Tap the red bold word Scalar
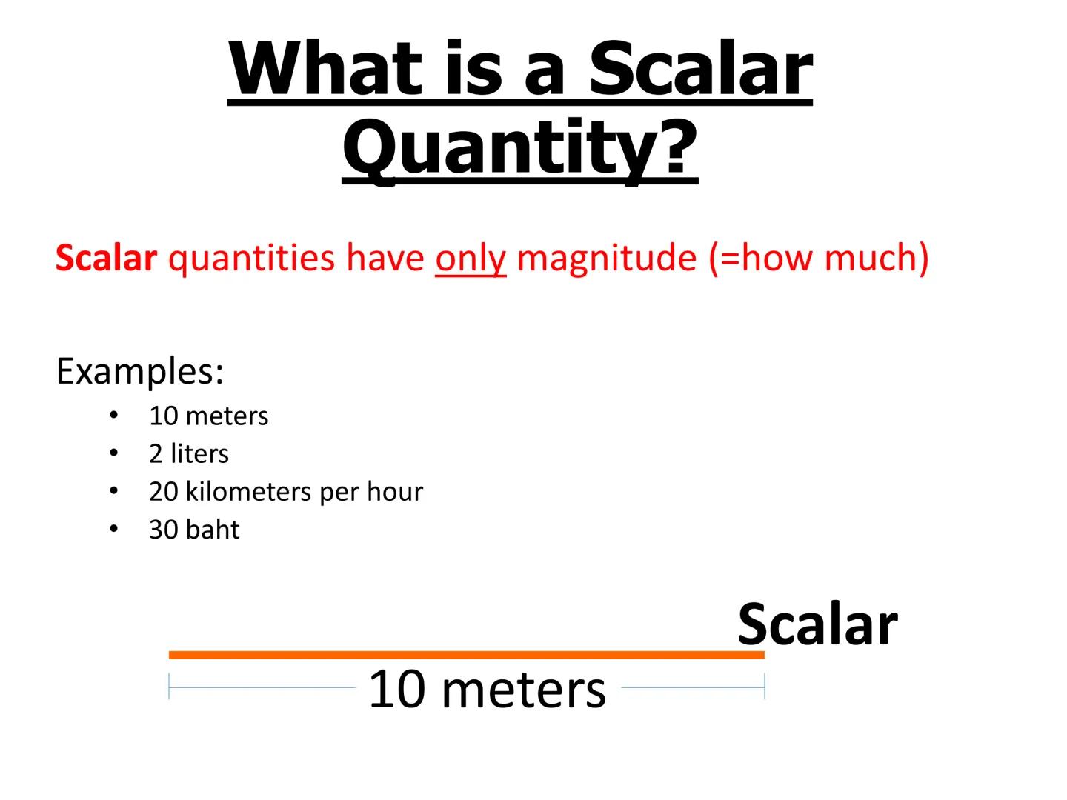click(x=106, y=259)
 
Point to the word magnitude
click(x=607, y=259)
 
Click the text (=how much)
click(x=818, y=259)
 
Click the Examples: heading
click(x=139, y=371)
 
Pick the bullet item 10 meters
click(x=208, y=416)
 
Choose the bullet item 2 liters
click(x=188, y=454)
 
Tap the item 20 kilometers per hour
click(x=285, y=492)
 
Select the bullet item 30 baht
click(x=194, y=530)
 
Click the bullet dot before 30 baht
click(x=113, y=530)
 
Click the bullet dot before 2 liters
click(x=113, y=453)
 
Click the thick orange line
click(x=467, y=655)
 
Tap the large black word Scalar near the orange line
click(x=817, y=625)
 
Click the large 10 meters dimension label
click(x=487, y=690)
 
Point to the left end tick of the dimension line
click(x=170, y=687)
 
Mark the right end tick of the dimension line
click(x=764, y=687)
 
